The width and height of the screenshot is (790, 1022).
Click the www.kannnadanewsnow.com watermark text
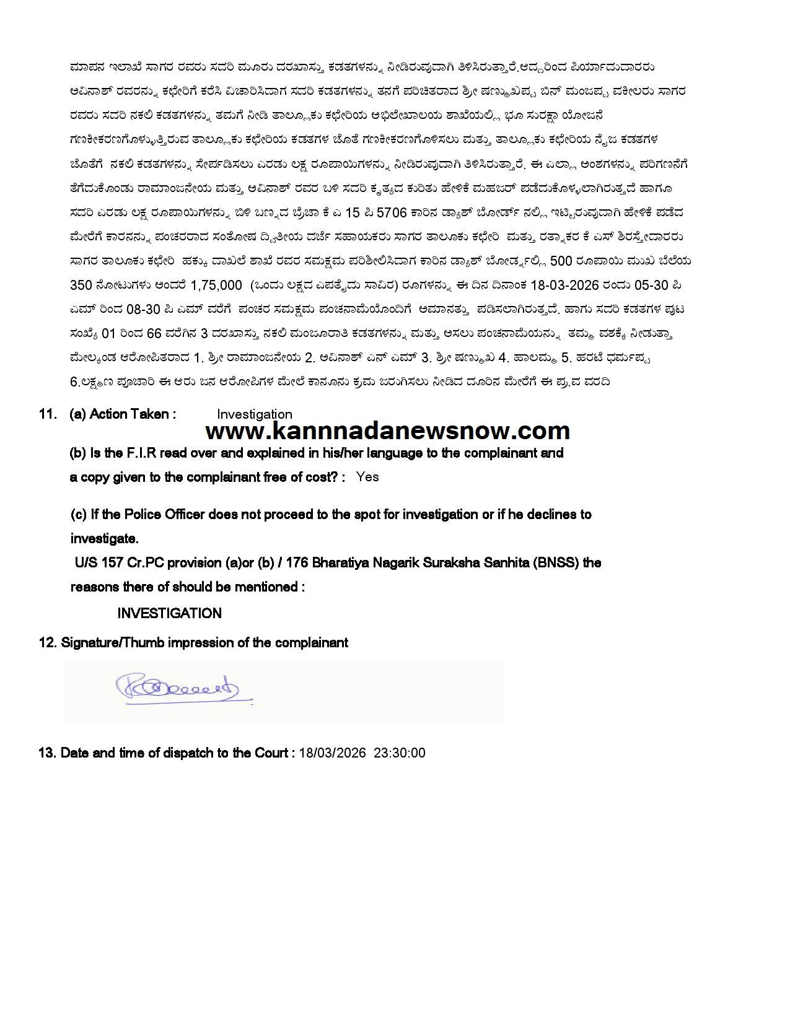387,430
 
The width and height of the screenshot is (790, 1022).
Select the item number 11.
48,414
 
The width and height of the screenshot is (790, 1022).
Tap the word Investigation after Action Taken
254,414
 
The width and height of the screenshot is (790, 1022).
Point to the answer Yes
367,477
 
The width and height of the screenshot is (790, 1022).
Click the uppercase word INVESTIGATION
169,613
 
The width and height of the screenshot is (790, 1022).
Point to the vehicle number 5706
392,212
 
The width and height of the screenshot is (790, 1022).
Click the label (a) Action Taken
123,414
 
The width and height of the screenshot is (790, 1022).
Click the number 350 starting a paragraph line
81,285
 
